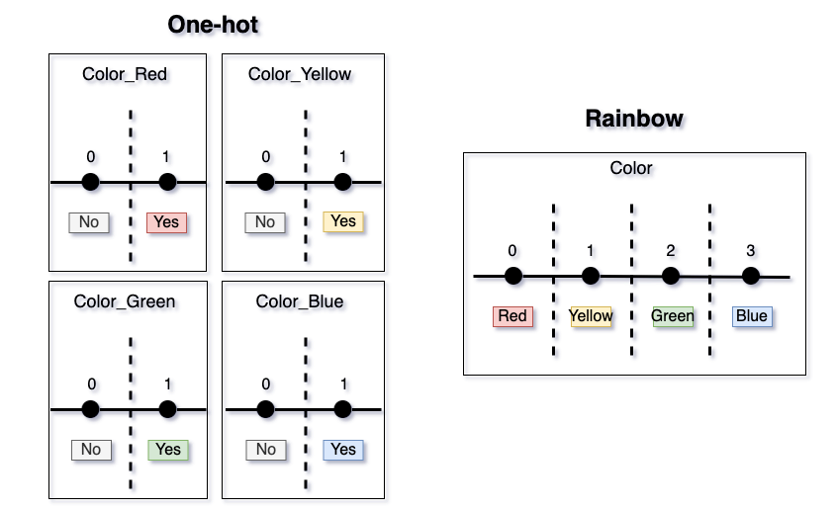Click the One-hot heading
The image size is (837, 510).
tap(213, 25)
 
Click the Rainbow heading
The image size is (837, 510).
tap(634, 119)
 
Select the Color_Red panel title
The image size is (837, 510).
tap(125, 74)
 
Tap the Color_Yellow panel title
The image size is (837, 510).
tap(300, 74)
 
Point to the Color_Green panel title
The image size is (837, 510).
tap(125, 301)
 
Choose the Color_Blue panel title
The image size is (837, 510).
tap(300, 301)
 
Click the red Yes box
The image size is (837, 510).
tap(166, 222)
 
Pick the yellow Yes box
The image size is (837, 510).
tap(342, 221)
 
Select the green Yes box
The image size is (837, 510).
tap(168, 449)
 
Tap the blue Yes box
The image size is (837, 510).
tap(343, 449)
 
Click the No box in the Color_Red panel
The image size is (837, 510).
tap(89, 222)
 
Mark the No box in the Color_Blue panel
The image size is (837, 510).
tap(266, 449)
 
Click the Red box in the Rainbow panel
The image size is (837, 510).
tap(512, 316)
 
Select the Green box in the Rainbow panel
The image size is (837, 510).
tap(673, 316)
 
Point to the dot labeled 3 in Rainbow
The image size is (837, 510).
tap(751, 276)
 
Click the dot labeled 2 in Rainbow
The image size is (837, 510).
tap(671, 276)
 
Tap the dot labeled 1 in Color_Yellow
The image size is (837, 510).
tap(342, 182)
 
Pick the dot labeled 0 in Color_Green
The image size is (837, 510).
tap(91, 409)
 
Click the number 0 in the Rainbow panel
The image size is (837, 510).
tap(512, 251)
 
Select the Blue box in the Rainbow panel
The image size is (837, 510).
tap(752, 316)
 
